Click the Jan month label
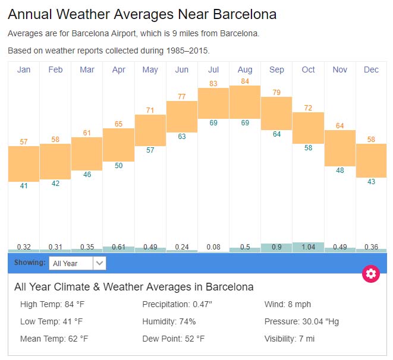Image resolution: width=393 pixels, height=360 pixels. [x=24, y=70]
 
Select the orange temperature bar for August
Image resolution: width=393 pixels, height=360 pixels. [x=245, y=102]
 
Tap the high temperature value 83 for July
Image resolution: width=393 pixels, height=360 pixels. [x=213, y=84]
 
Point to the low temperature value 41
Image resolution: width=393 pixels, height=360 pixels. [x=24, y=186]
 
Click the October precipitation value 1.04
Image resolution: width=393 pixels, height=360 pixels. [x=308, y=247]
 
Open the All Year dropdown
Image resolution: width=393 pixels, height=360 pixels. [x=77, y=263]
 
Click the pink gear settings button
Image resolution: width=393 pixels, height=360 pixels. [x=371, y=273]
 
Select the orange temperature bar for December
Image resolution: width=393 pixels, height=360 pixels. [x=371, y=160]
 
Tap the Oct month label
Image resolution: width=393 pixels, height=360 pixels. [x=308, y=70]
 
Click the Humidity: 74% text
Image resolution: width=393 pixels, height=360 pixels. [x=169, y=322]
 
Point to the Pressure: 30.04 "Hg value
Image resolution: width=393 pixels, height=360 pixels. [x=301, y=322]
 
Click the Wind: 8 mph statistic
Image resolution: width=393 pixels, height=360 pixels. [x=288, y=305]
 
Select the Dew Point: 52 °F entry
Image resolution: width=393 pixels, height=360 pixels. [x=174, y=339]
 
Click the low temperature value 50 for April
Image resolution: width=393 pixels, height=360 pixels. [x=119, y=166]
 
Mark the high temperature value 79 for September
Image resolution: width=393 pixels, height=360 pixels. [x=276, y=93]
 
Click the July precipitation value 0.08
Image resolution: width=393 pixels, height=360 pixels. [x=213, y=247]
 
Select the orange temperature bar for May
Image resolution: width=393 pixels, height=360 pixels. [x=150, y=130]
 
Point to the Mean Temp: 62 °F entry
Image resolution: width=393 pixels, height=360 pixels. [x=54, y=339]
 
